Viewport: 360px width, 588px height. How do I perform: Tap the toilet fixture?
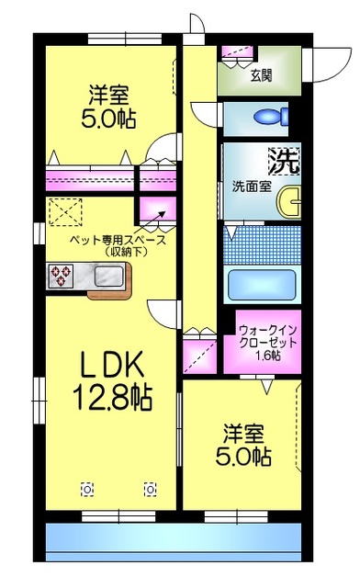271,118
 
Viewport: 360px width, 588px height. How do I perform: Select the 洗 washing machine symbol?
284,163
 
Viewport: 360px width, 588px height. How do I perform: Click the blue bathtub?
261,284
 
